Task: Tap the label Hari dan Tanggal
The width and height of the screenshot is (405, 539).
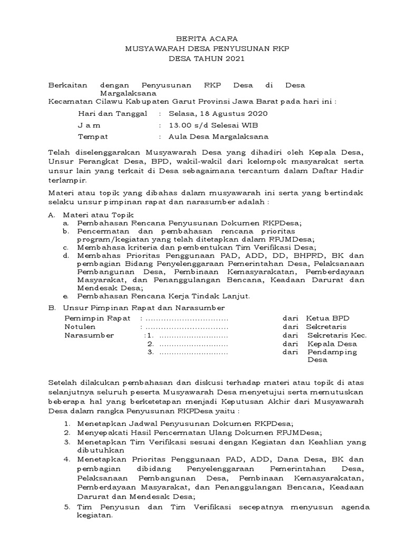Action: coord(112,113)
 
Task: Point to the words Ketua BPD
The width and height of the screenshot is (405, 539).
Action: coord(327,318)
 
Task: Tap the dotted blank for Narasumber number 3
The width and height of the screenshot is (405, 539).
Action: coord(193,352)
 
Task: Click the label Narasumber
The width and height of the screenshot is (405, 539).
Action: coord(85,335)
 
